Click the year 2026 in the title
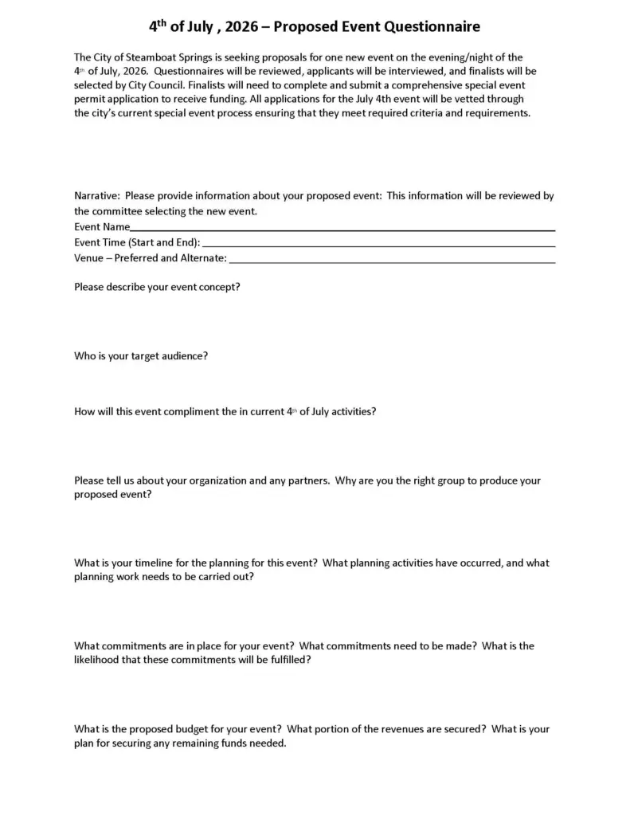coord(240,27)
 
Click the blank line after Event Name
coord(342,228)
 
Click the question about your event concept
coord(157,288)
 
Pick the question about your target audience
coord(141,356)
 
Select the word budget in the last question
coord(192,728)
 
